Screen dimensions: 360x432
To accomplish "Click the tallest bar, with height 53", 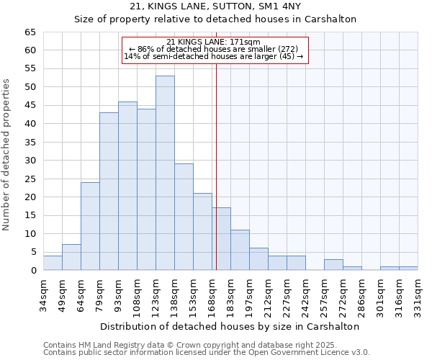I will tap(165, 173).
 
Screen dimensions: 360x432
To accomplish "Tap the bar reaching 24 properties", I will tap(90, 226).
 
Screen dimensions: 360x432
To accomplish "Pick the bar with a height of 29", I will tap(184, 217).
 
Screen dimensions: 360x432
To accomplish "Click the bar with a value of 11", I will tap(240, 250).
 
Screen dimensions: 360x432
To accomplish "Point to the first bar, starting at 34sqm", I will tap(53, 263).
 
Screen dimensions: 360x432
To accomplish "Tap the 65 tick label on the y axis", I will tap(30, 32).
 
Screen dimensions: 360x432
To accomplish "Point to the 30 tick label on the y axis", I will tap(30, 161).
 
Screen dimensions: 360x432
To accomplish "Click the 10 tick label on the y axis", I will tap(30, 234).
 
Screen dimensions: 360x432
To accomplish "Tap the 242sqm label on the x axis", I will tap(305, 294).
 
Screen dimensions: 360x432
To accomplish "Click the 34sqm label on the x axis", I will tap(43, 294).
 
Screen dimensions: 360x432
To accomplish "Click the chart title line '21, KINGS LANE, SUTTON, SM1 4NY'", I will tap(216, 6).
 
